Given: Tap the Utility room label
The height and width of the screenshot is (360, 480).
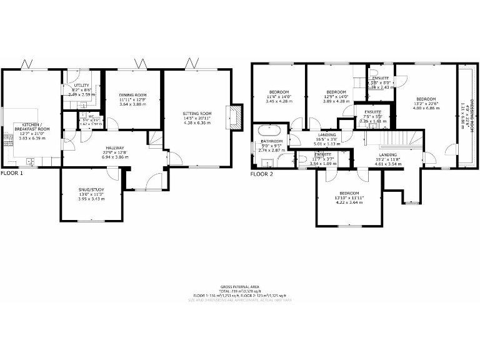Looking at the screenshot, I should [82, 85].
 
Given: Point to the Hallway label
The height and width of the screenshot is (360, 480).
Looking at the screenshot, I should [115, 147].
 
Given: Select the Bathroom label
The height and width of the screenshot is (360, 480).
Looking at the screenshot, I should [270, 142].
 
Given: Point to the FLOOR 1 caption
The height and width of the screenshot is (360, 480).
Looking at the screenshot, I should [11, 173].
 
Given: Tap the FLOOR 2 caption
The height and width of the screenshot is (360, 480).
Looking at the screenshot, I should [262, 174].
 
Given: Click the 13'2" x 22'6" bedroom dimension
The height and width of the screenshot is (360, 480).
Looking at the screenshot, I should [426, 104].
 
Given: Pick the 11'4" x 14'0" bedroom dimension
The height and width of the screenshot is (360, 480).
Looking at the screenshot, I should [279, 96].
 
